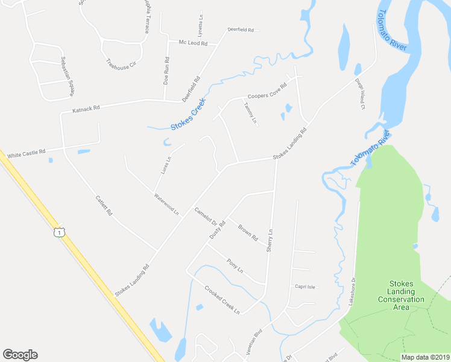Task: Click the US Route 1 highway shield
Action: [x=58, y=232]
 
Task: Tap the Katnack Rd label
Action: [x=85, y=109]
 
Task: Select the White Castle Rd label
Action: [x=26, y=155]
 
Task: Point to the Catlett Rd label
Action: [x=104, y=205]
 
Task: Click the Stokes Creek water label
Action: [x=188, y=115]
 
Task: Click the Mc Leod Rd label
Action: [x=193, y=43]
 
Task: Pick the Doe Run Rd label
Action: [x=166, y=70]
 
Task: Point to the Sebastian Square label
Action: [x=67, y=76]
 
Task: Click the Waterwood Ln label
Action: [x=166, y=204]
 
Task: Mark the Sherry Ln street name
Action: [x=271, y=240]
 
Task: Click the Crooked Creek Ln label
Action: [x=222, y=299]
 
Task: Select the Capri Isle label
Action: [x=305, y=287]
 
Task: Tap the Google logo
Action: [x=20, y=355]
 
